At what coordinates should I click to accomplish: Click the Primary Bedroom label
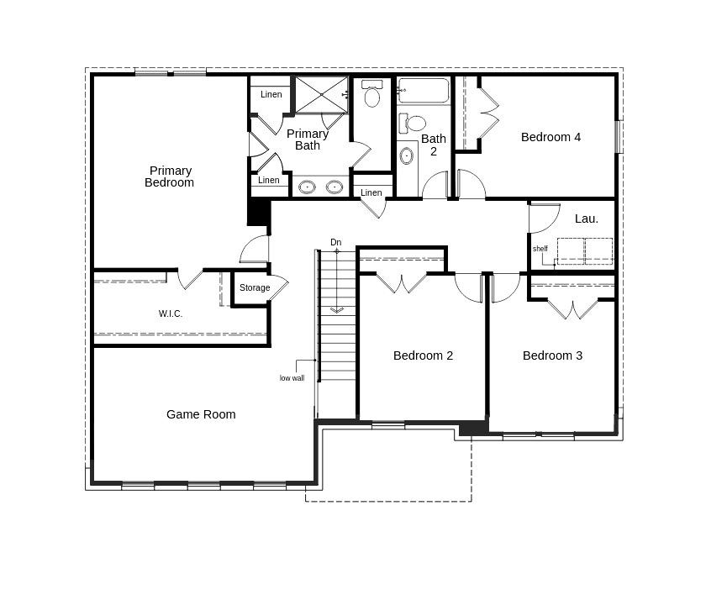click(169, 176)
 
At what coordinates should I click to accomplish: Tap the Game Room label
click(201, 414)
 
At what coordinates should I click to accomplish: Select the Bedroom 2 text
click(423, 355)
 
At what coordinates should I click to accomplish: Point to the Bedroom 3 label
click(552, 355)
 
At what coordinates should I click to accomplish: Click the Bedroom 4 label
click(551, 137)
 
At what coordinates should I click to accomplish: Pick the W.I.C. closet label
click(171, 313)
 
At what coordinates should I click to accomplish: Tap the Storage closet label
click(255, 287)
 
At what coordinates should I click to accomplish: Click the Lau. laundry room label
click(587, 219)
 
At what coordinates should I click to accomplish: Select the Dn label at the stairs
click(336, 242)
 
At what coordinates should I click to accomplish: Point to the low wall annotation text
click(292, 378)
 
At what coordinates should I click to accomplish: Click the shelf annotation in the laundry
click(540, 249)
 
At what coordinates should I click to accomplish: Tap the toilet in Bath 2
click(413, 123)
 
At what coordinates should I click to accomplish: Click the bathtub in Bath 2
click(423, 91)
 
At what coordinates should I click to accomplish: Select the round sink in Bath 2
click(407, 155)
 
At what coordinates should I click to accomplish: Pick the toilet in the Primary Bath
click(372, 94)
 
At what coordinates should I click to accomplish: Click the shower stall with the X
click(320, 94)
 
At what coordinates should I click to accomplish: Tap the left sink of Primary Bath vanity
click(308, 187)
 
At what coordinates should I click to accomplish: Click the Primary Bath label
click(308, 140)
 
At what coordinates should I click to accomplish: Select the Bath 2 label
click(434, 145)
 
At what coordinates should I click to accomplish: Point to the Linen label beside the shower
click(271, 94)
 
